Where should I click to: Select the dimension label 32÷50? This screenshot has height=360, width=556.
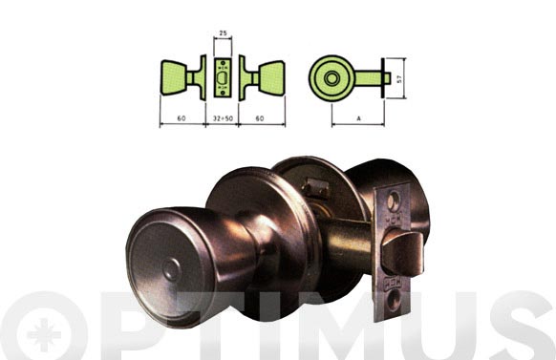click(x=222, y=120)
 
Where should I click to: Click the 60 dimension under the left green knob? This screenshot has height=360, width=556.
click(x=180, y=120)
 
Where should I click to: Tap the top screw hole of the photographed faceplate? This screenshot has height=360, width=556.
click(x=393, y=203)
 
